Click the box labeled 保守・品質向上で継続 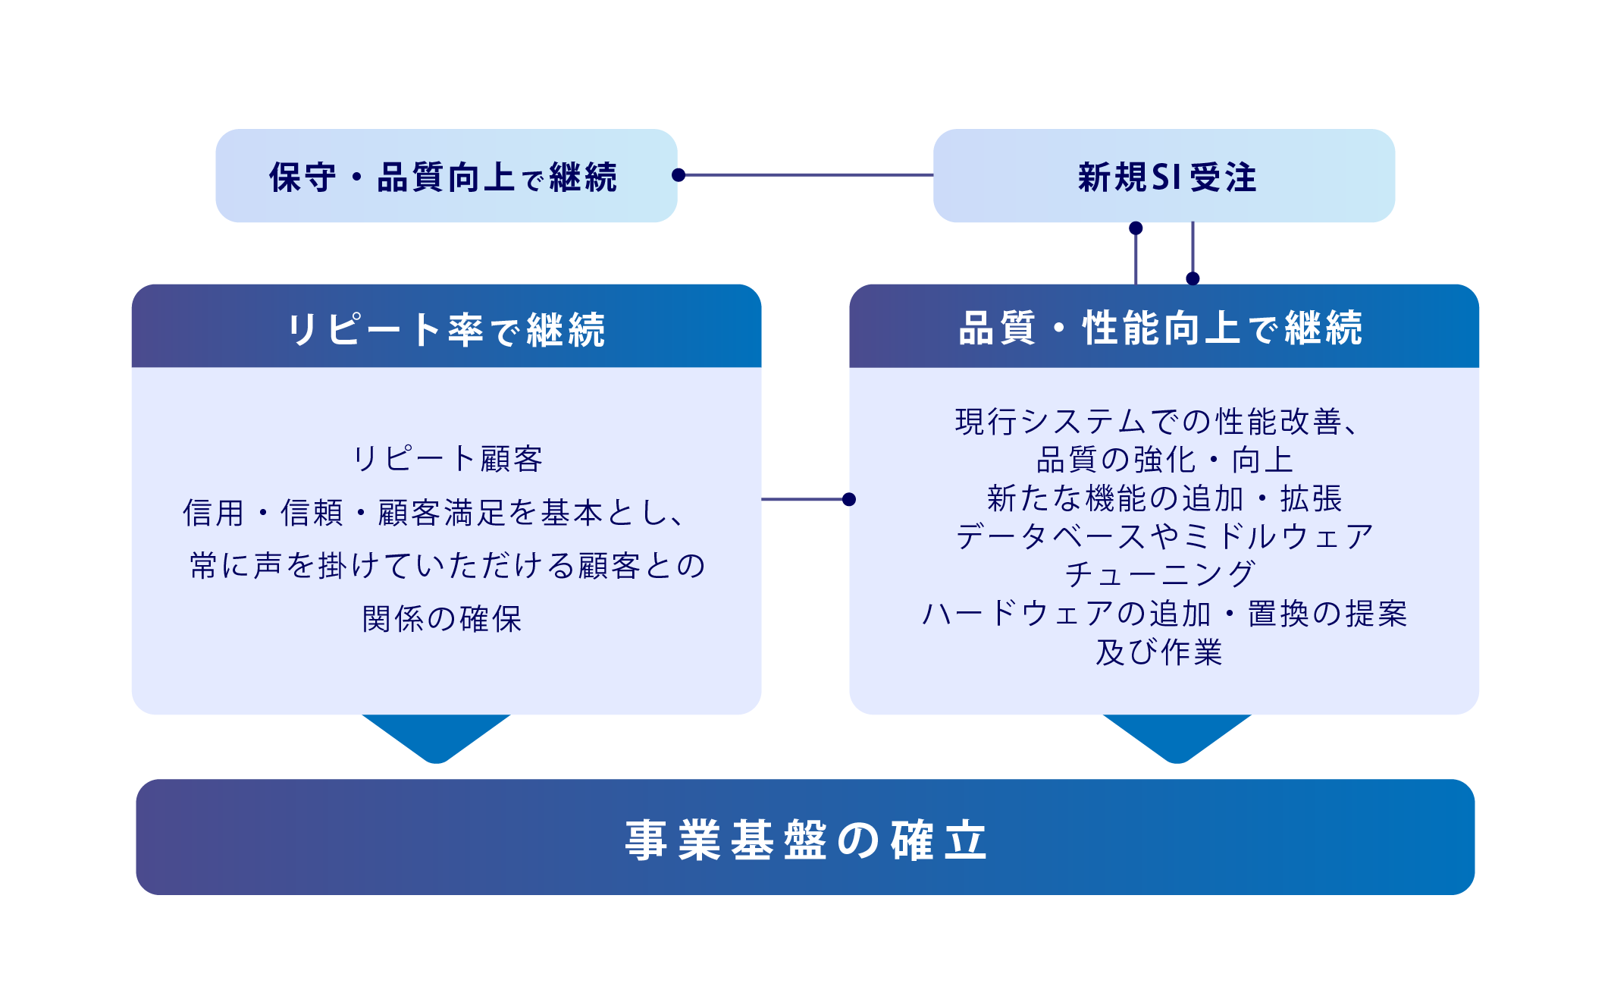pos(446,176)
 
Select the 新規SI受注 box pos(1164,176)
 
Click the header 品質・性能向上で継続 pos(1164,328)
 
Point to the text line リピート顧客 pos(447,459)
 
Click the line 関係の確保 pos(443,619)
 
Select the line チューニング pos(1160,574)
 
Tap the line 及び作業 pos(1160,652)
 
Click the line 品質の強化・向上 pos(1164,460)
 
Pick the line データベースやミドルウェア pos(1164,536)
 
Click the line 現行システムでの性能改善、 pos(1157,422)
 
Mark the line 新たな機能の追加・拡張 pos(1164,498)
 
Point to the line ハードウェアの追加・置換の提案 pos(1164,614)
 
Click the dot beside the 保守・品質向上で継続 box pos(679,175)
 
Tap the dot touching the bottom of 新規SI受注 pos(1136,228)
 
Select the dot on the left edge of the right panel pos(849,499)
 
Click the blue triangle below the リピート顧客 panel pos(437,736)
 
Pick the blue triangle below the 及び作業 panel pos(1177,736)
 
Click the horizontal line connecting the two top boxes pos(807,175)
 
